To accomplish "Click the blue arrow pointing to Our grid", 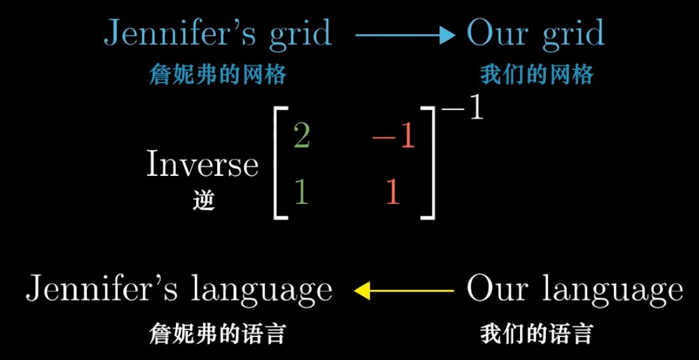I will [405, 36].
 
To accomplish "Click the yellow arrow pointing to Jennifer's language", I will [404, 291].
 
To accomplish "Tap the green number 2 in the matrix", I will [302, 137].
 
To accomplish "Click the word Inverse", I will [203, 165].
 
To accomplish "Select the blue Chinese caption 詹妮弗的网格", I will [217, 76].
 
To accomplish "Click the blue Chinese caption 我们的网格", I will [536, 76].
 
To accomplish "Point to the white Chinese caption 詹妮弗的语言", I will [217, 333].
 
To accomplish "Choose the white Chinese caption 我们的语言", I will [536, 333].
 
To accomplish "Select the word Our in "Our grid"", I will [494, 33].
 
